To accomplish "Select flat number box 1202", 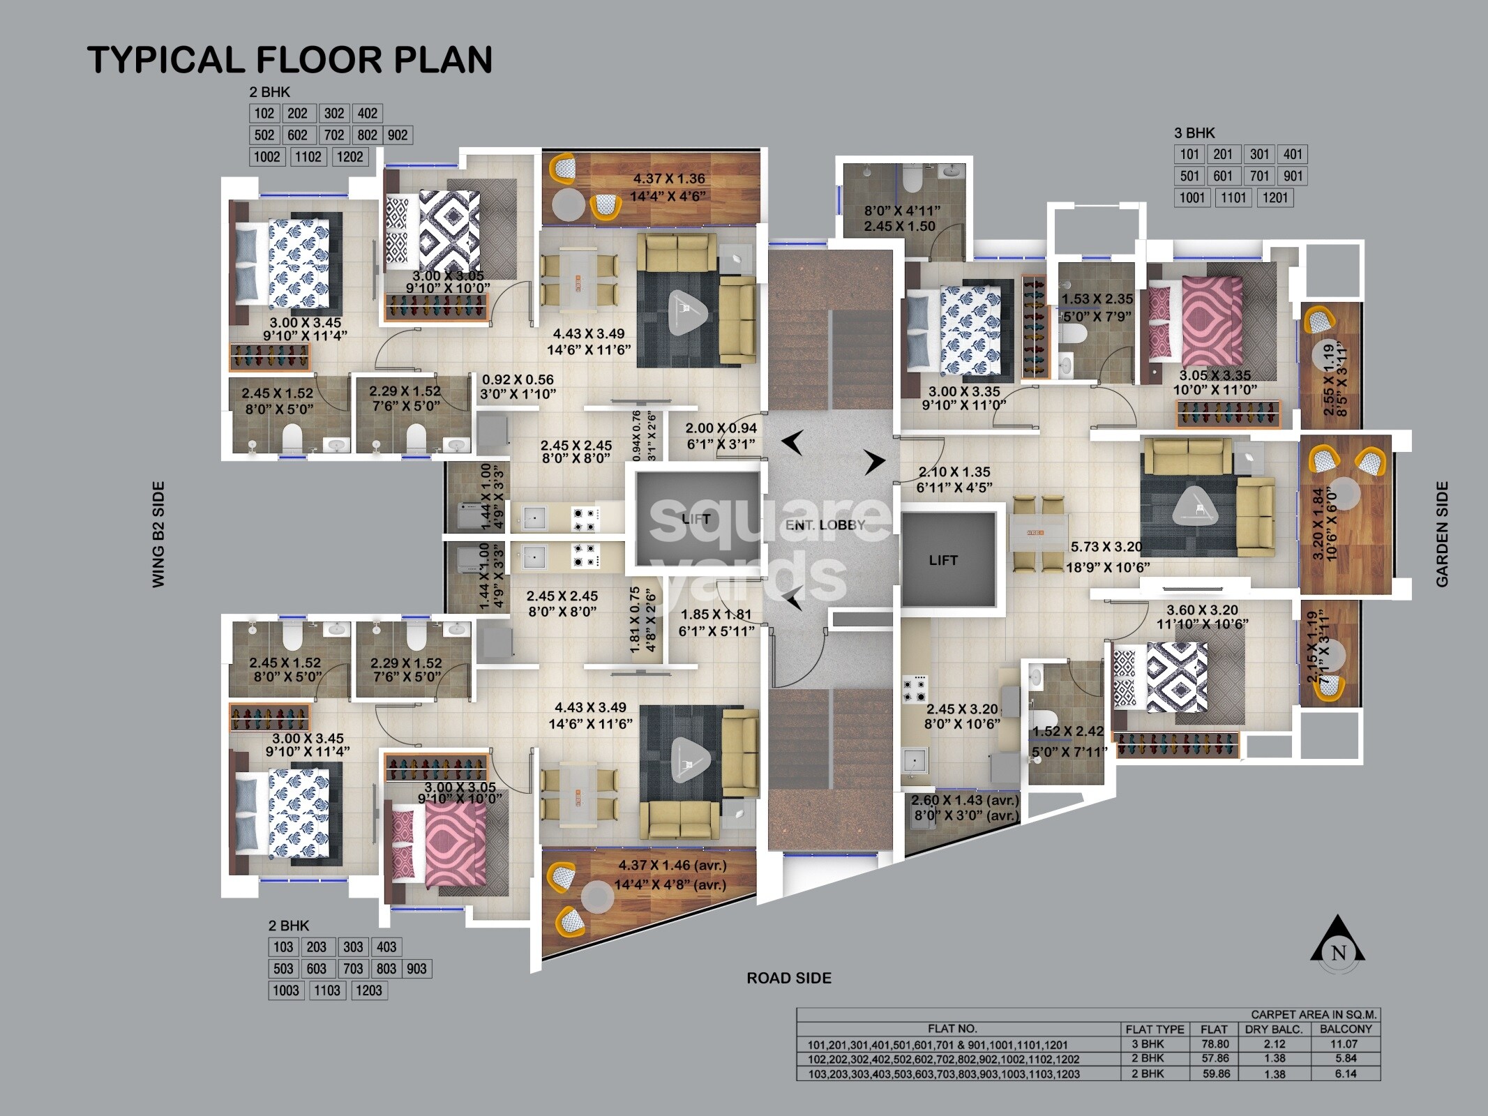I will [x=350, y=156].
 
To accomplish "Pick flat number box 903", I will [x=416, y=969].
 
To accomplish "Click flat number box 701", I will [x=1259, y=176].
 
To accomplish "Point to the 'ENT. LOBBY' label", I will [x=825, y=525].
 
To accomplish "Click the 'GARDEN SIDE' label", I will [x=1443, y=534].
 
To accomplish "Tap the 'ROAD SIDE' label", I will [x=789, y=978].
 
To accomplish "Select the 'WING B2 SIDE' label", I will [x=159, y=534].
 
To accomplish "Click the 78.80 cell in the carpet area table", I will [x=1215, y=1045].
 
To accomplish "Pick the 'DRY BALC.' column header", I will [x=1275, y=1030].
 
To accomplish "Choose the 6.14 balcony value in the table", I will [x=1346, y=1074].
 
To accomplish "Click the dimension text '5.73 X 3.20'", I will [x=1107, y=548].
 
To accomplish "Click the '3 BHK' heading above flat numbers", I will [x=1195, y=133].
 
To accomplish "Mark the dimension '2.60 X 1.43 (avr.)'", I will [x=965, y=800].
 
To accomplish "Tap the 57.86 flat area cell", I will [x=1215, y=1059].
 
